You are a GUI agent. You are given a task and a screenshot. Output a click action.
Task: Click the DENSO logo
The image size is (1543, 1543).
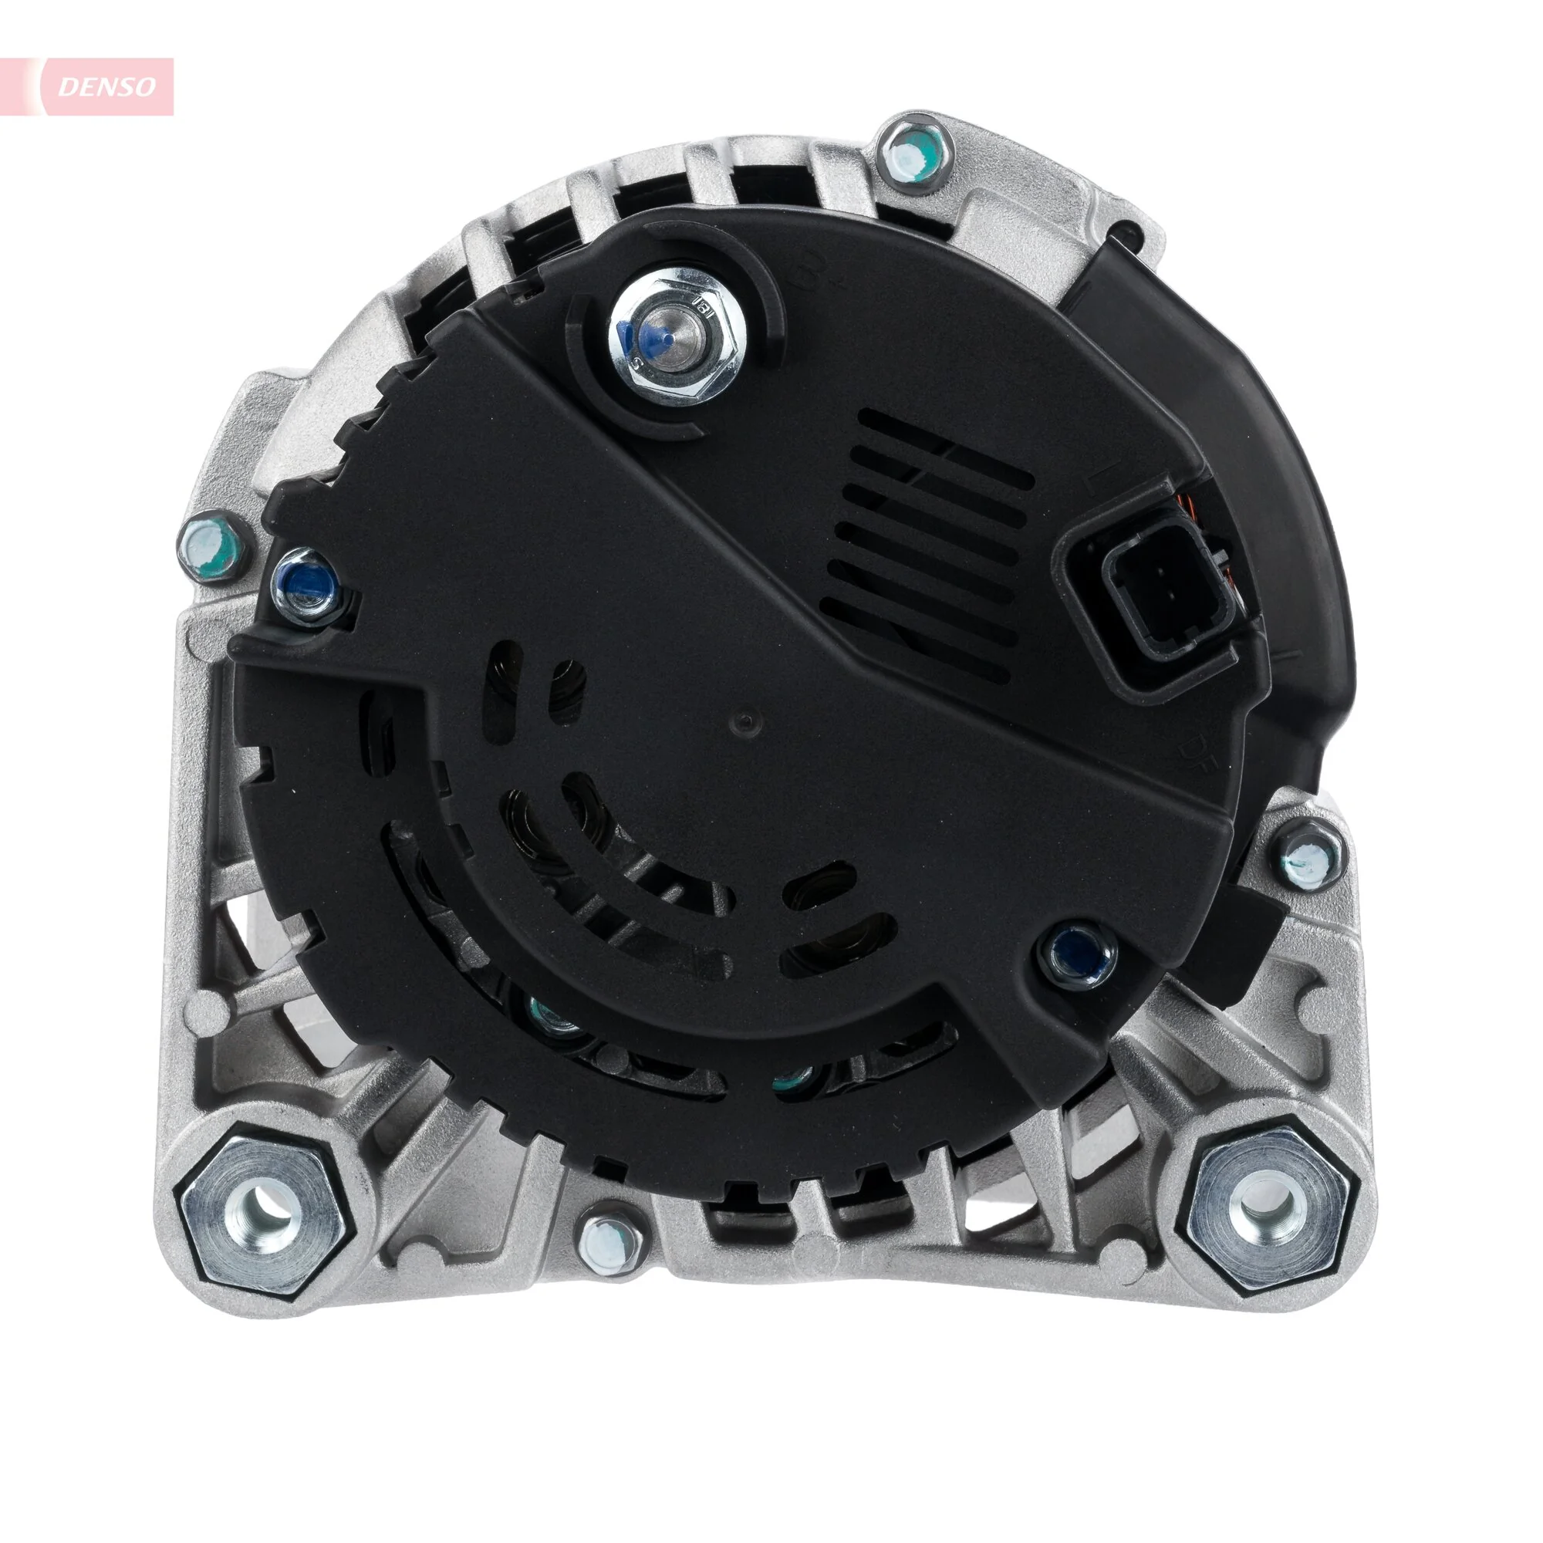107,86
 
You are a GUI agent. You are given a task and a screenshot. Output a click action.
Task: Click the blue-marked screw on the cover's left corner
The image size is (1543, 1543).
306,583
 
